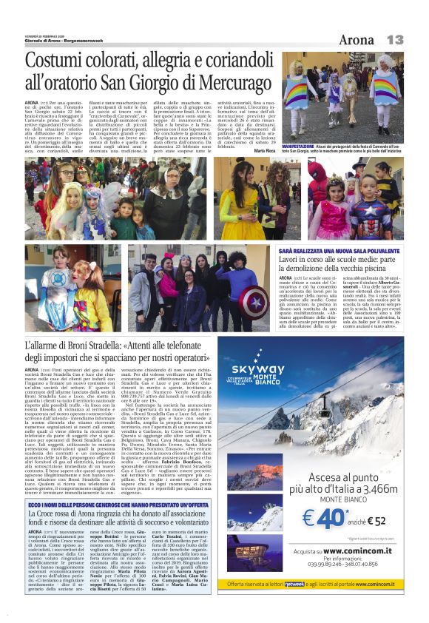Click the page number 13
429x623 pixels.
395,38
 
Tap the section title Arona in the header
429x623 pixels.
357,38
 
